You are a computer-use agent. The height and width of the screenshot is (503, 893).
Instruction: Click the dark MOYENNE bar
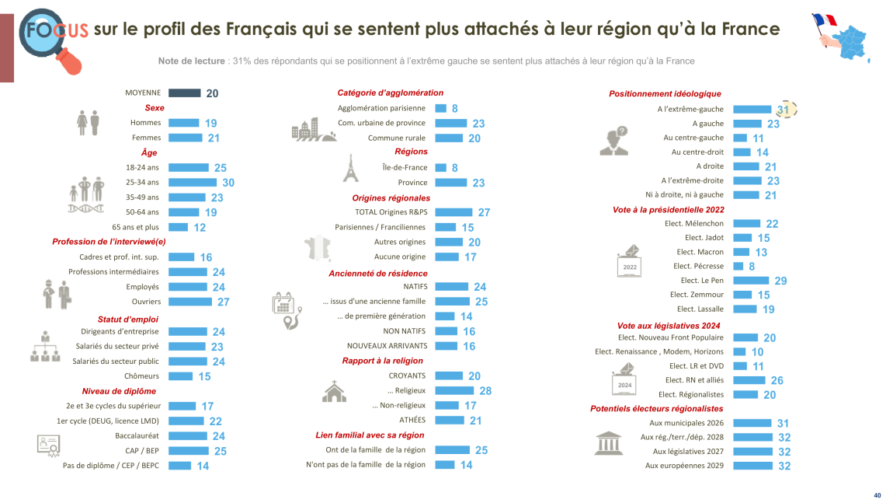tap(184, 93)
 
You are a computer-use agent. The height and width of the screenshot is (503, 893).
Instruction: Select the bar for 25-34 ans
tap(193, 183)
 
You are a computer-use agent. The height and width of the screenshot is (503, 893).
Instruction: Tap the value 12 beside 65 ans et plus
tap(200, 228)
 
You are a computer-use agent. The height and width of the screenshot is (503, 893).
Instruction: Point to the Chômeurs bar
tap(180, 376)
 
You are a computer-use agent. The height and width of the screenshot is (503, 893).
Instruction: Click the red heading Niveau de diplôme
tap(119, 391)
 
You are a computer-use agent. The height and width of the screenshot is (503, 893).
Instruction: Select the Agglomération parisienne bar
tap(440, 109)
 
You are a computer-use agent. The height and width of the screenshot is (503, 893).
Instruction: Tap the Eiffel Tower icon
tap(350, 168)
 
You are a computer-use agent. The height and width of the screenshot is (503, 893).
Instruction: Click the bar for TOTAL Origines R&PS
tap(453, 212)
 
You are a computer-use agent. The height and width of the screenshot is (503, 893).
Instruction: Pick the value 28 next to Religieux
tap(485, 391)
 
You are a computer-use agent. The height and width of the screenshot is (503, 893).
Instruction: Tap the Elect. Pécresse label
tap(698, 266)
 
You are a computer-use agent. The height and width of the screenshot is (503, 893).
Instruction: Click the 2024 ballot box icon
tap(625, 382)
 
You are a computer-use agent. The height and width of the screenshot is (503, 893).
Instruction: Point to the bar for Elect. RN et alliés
tap(749, 380)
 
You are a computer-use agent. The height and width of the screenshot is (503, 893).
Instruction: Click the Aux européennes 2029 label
tap(684, 466)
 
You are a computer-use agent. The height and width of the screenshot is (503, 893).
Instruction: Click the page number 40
tap(877, 495)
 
